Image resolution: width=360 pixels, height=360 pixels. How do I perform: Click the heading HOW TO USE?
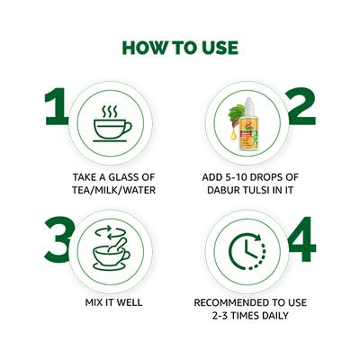pos(180,48)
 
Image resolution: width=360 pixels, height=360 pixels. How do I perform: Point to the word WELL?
pos(126,302)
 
